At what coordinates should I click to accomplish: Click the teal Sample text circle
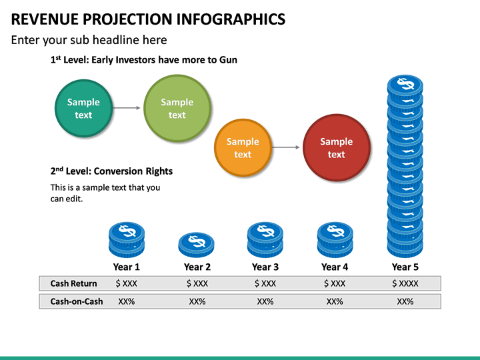(83, 108)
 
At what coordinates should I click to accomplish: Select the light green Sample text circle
(177, 108)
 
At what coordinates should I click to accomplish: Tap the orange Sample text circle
(243, 147)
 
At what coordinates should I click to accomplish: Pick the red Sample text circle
(336, 147)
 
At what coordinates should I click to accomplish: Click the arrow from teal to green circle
(127, 108)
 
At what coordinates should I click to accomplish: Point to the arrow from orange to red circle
(287, 147)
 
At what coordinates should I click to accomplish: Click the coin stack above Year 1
(126, 240)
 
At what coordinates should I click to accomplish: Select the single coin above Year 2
(196, 245)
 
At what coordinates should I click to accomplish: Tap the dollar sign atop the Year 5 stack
(405, 84)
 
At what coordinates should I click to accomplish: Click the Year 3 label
(265, 267)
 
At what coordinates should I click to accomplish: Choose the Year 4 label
(335, 267)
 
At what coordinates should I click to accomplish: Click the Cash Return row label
(73, 283)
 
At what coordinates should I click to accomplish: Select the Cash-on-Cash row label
(77, 301)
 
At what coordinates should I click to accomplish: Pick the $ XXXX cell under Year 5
(405, 283)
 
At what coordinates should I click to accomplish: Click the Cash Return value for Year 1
(127, 283)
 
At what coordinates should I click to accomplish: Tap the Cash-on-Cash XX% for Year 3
(265, 301)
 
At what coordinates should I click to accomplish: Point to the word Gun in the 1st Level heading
(227, 59)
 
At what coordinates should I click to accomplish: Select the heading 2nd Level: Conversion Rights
(111, 171)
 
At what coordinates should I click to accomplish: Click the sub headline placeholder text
(89, 40)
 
